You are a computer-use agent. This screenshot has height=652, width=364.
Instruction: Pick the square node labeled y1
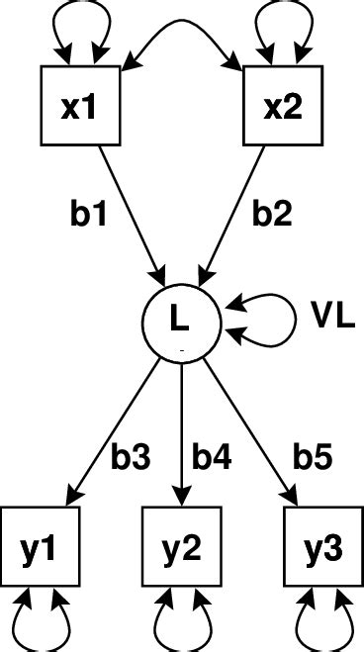(x=40, y=545)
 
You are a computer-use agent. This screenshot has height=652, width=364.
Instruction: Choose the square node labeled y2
(x=181, y=545)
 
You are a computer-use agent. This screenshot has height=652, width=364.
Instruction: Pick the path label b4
(x=213, y=456)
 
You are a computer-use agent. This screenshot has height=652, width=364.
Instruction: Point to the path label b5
(x=312, y=456)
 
